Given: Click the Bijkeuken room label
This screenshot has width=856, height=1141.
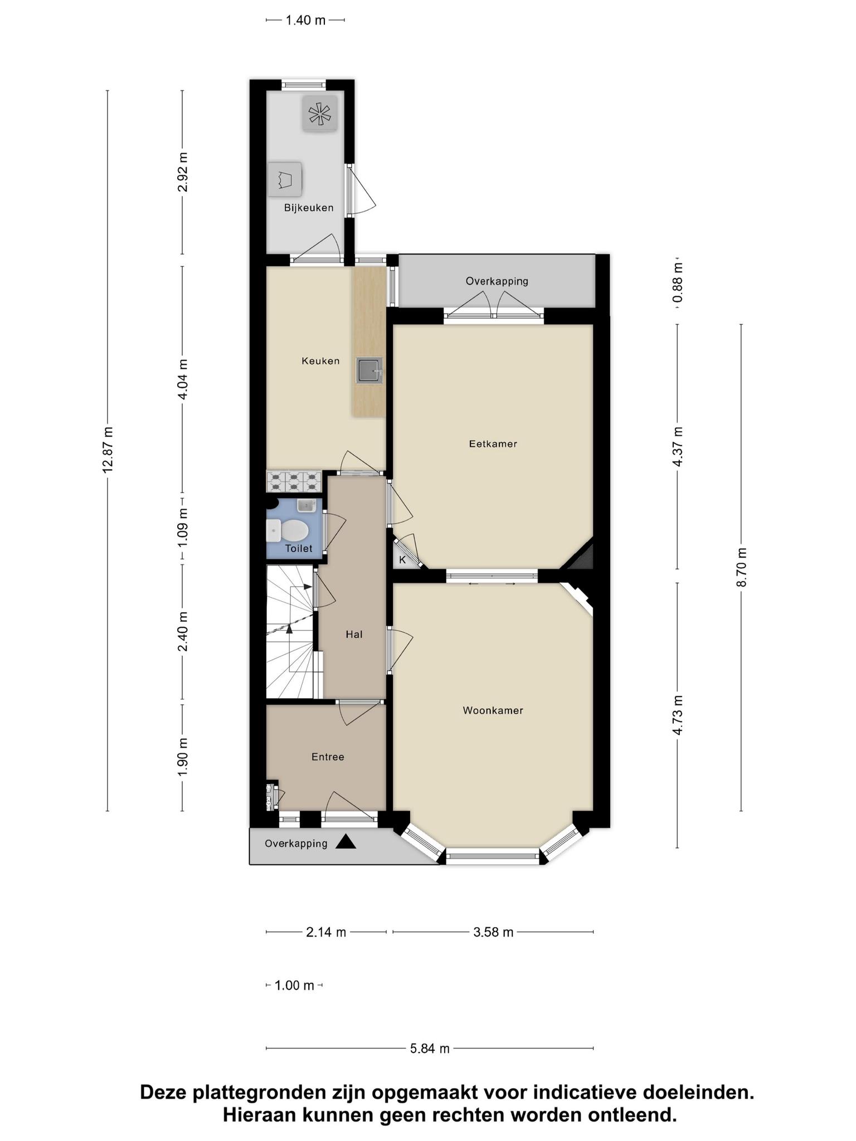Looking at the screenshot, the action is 309,208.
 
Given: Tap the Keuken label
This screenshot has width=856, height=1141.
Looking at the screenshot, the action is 320,361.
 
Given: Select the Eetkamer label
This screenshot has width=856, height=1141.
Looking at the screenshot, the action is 493,444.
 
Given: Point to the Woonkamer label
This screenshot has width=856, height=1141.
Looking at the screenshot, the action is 493,710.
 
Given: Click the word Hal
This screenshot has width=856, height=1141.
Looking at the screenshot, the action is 354,634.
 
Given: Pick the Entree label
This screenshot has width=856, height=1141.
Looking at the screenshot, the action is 328,757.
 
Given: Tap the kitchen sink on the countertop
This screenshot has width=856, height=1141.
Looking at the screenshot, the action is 369,370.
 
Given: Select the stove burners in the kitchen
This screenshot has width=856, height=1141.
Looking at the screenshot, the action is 294,481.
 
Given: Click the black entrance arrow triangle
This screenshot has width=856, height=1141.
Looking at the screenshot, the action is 346,842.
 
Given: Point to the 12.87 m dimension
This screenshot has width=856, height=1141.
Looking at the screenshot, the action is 108,450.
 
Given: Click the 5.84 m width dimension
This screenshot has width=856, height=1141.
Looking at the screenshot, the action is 430,1049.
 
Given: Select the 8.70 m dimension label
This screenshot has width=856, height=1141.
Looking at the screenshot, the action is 741,567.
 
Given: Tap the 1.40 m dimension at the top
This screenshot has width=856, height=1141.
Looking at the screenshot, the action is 305,21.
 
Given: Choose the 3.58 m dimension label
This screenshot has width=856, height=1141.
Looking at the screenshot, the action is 493,932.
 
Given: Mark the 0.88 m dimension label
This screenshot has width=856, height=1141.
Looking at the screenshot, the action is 678,282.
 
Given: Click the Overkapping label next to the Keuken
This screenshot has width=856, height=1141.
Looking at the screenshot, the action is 497,281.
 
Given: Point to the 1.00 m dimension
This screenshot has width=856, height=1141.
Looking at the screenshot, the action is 295,986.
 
